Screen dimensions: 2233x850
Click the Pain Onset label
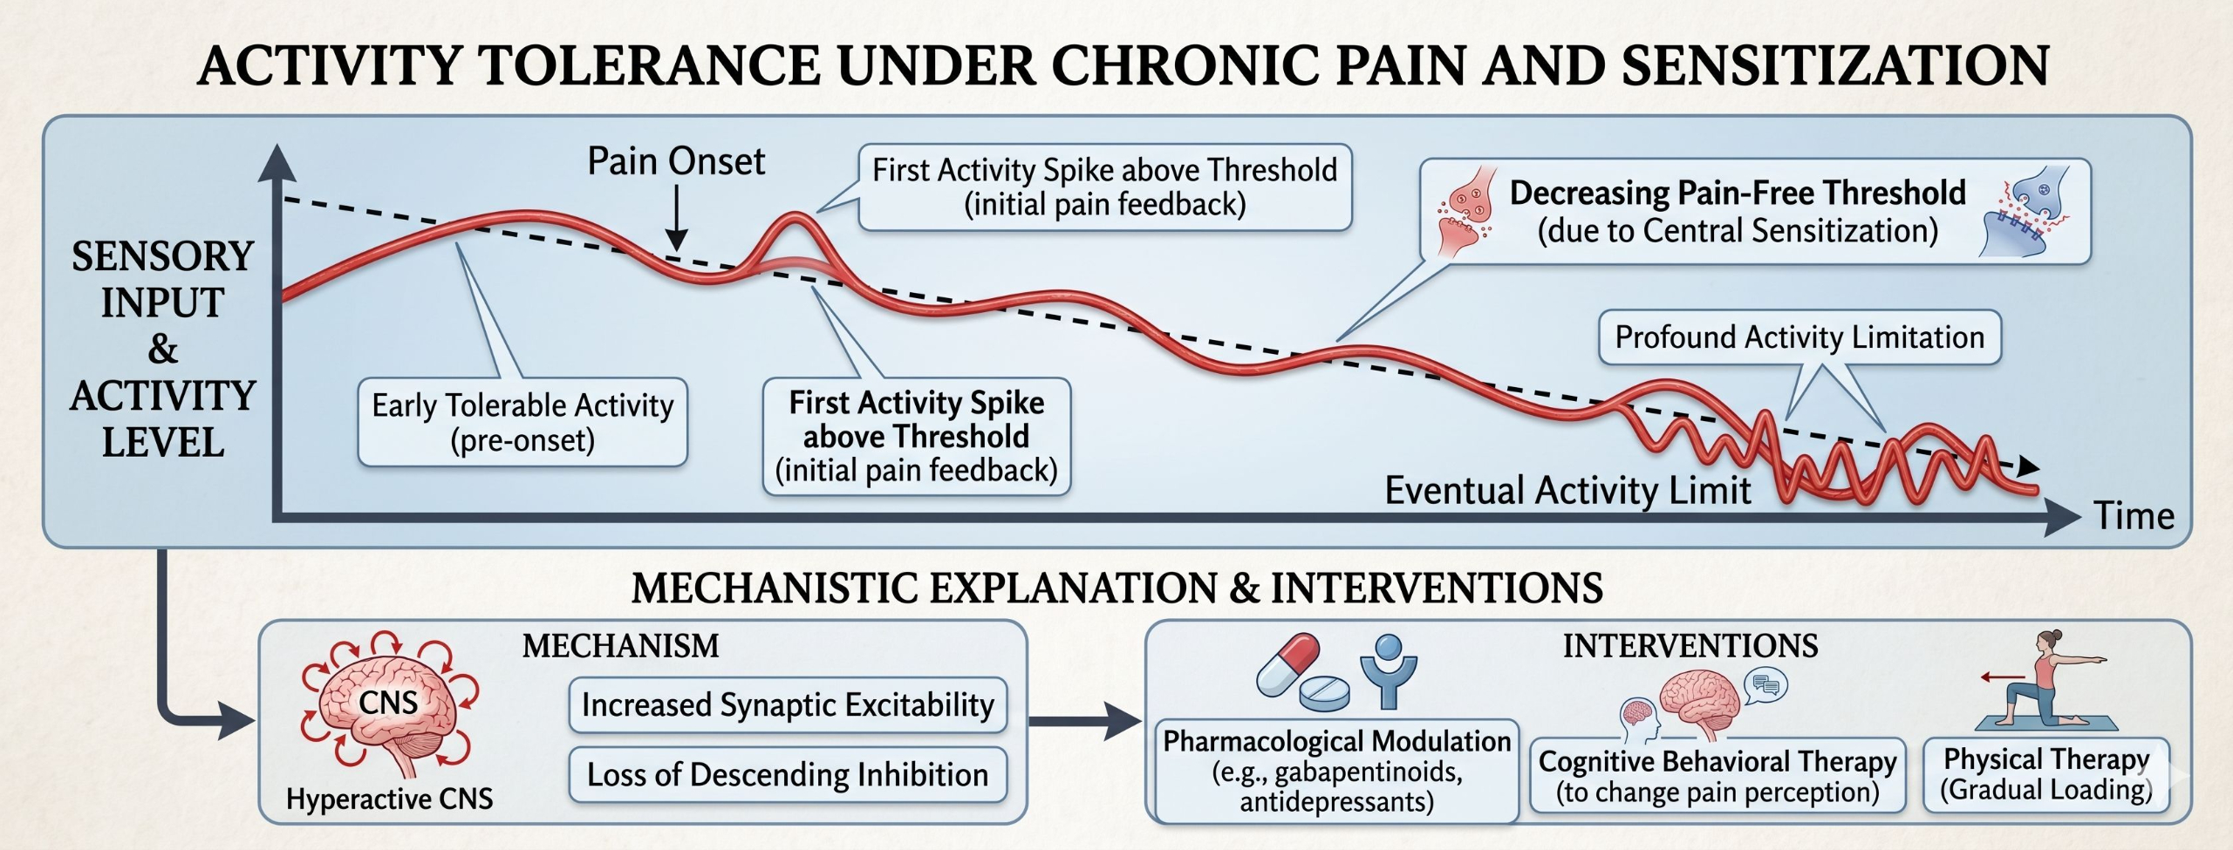pyautogui.click(x=676, y=161)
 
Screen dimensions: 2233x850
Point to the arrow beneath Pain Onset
pyautogui.click(x=676, y=218)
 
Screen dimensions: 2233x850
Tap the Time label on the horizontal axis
pyautogui.click(x=2134, y=516)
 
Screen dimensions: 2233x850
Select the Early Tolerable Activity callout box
pyautogui.click(x=522, y=422)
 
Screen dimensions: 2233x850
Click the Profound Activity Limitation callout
pyautogui.click(x=1799, y=337)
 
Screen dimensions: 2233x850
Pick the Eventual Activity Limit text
pyautogui.click(x=1567, y=490)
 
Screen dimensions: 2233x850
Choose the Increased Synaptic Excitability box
pyautogui.click(x=788, y=704)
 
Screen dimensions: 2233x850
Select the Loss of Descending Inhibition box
pyautogui.click(x=788, y=774)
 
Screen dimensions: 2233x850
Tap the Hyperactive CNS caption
pyautogui.click(x=389, y=799)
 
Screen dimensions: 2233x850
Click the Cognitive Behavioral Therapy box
pyautogui.click(x=1717, y=776)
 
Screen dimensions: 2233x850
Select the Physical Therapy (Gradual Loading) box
pyautogui.click(x=2046, y=775)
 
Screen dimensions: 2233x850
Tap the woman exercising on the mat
pyautogui.click(x=2050, y=680)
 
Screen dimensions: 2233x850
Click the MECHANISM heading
pyautogui.click(x=620, y=646)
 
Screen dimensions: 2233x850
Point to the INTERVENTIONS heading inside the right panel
pyautogui.click(x=1690, y=646)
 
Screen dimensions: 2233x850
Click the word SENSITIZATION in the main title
pyautogui.click(x=1835, y=65)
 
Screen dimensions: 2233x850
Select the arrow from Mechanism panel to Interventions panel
pyautogui.click(x=1084, y=721)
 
